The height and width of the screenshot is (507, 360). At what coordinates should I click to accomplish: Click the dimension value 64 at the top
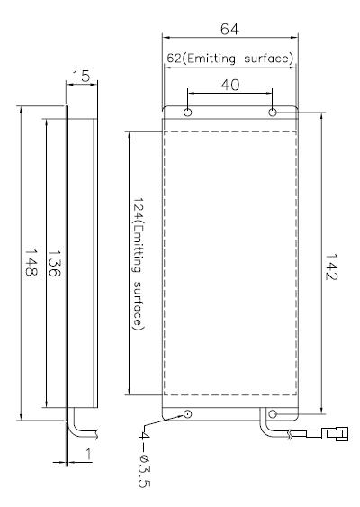229,30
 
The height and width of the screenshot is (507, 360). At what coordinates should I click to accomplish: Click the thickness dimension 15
80,78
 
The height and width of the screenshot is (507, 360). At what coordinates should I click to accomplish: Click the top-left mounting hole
187,113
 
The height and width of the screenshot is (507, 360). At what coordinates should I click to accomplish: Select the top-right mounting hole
272,113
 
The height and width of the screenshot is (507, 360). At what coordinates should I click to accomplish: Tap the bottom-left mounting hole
187,413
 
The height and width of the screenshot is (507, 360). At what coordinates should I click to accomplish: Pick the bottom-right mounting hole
272,413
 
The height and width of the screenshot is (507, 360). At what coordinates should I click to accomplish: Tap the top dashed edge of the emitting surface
229,131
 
